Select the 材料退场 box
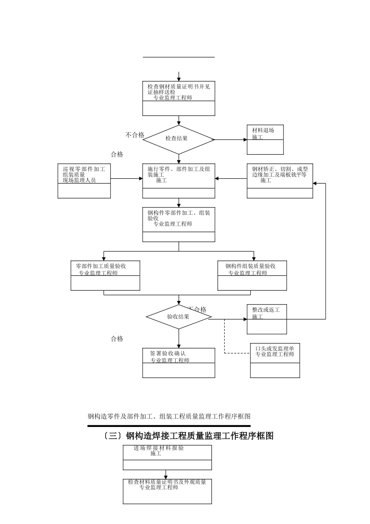pos(265,140)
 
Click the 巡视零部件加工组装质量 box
pos(84,181)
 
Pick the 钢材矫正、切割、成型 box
pos(280,181)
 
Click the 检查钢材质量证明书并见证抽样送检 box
pos(179,98)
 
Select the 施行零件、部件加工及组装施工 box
pos(179,181)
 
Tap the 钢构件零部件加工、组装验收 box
pos(179,225)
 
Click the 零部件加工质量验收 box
pos(105,275)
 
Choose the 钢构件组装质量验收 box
pos(252,275)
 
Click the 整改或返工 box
pos(267,319)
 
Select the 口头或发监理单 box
pos(275,360)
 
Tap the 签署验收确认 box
pos(179,363)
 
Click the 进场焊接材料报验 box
pos(167,457)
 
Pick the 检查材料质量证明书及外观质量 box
pos(167,491)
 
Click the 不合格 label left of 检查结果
pos(135,135)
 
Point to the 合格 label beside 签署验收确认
pos(117,339)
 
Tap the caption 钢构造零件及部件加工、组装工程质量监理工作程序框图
pos(169,416)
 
